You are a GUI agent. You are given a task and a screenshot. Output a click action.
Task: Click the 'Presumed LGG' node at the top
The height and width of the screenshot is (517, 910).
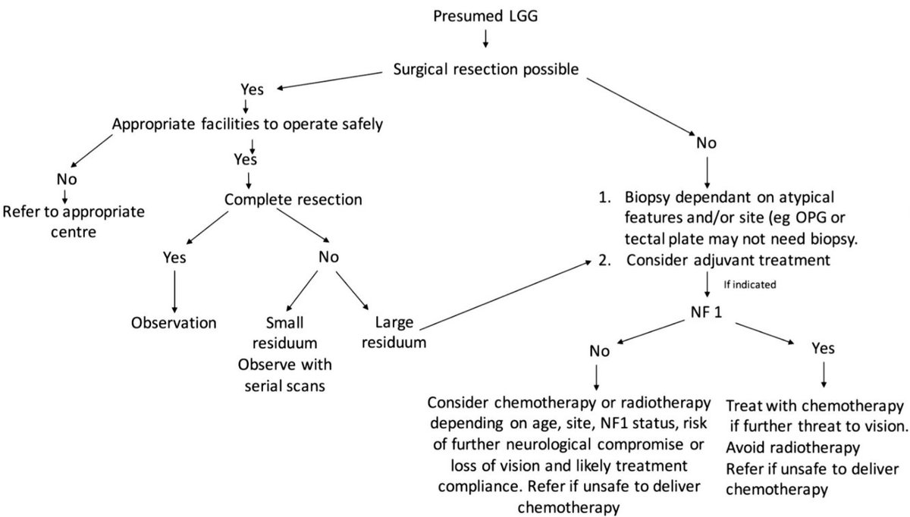tap(485, 14)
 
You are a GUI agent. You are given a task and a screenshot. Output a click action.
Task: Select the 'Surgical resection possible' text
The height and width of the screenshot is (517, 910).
tap(487, 69)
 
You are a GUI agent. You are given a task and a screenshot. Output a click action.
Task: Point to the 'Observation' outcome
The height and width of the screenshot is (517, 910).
tap(174, 322)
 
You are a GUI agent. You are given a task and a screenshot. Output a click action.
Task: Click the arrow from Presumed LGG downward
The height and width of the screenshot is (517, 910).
tap(486, 39)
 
